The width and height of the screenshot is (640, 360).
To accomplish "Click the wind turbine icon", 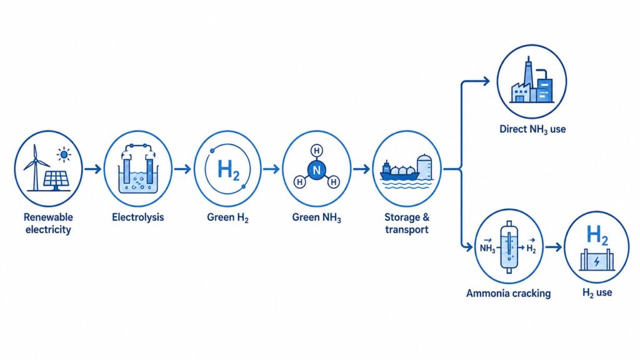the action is (36, 168).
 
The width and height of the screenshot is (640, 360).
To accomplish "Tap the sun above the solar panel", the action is (64, 155).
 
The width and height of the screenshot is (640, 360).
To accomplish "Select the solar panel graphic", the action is (56, 180).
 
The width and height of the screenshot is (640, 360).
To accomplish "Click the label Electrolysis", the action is (138, 217).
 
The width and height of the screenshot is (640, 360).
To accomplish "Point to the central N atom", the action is (316, 170).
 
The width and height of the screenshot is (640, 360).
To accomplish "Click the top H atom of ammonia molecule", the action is (316, 151).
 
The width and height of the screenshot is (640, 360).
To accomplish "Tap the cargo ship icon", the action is (399, 172).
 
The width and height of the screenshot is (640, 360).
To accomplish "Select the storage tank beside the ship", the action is (424, 167).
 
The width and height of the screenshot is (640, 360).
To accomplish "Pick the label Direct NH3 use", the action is (532, 129).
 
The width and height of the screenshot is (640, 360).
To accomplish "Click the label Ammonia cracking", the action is (509, 293).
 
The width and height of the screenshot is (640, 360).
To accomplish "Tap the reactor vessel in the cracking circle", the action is (509, 247).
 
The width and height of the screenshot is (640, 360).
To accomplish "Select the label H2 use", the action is (597, 292).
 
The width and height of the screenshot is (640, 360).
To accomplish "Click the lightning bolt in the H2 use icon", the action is (597, 261).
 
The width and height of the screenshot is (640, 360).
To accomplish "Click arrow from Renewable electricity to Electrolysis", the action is (92, 169).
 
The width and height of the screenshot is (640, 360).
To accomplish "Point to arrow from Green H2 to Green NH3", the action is (271, 169).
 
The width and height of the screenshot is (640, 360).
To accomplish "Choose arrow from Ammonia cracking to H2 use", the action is (553, 247).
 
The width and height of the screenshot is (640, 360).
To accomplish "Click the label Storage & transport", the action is (407, 223).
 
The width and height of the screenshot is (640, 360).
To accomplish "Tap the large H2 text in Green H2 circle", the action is (229, 170).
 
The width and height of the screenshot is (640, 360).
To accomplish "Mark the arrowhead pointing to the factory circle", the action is (486, 81).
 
